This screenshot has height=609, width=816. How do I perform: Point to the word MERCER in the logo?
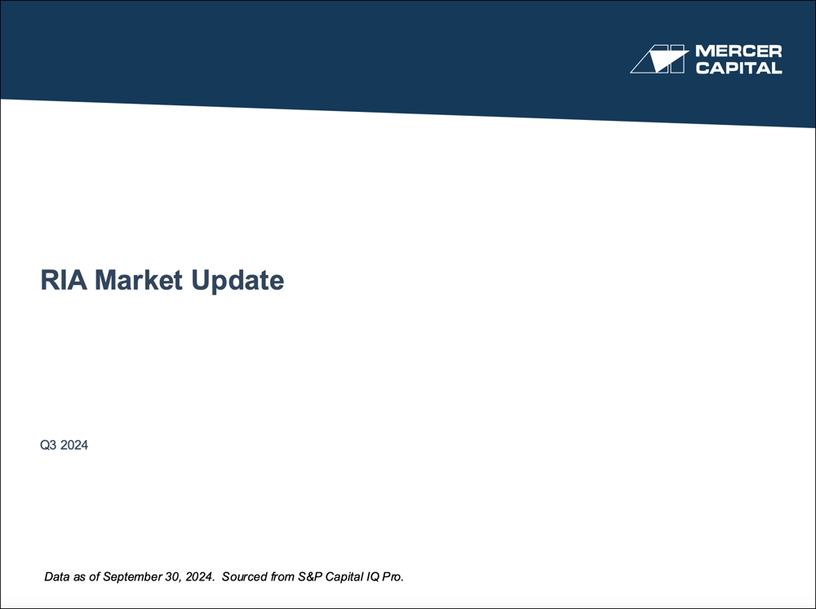(738, 51)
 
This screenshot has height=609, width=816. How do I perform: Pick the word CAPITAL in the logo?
(738, 68)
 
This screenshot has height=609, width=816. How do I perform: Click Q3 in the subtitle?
(48, 446)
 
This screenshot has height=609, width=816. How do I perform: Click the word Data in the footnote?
(57, 577)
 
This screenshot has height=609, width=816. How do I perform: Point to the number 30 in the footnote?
(169, 577)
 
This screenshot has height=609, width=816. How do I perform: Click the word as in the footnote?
(81, 577)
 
